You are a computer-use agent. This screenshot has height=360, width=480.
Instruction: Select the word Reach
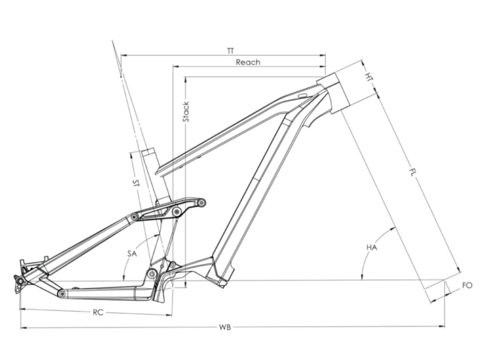click(248, 62)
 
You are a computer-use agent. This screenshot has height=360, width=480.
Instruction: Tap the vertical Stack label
click(186, 112)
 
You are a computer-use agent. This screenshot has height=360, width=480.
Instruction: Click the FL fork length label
click(412, 172)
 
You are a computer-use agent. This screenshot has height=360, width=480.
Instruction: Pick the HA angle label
click(372, 247)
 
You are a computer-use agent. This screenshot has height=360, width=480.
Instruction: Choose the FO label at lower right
click(466, 285)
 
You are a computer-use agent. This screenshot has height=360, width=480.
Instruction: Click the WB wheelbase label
click(226, 327)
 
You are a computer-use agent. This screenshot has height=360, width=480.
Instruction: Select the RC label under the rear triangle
click(97, 312)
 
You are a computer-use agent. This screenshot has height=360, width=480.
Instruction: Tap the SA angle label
click(132, 253)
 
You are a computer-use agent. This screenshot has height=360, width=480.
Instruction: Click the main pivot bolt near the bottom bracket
click(151, 273)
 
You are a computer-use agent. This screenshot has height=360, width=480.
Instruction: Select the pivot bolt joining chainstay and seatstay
click(61, 293)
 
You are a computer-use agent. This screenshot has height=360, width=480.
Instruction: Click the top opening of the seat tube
click(149, 152)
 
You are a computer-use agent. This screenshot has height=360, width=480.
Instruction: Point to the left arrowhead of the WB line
click(22, 327)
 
